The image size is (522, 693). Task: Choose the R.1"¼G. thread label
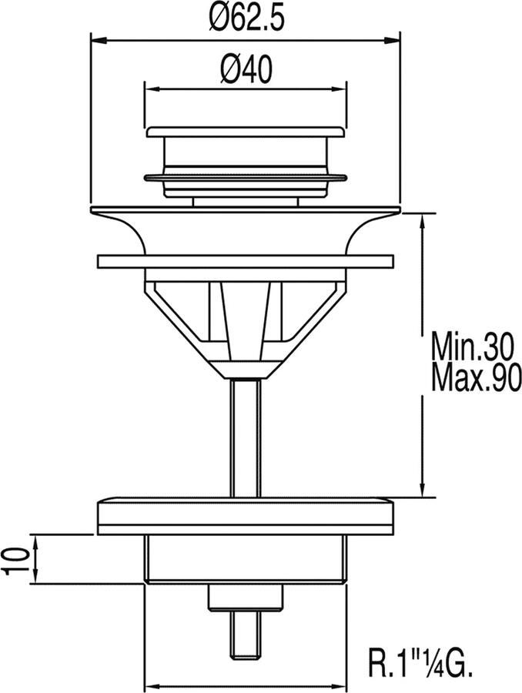pyautogui.click(x=418, y=661)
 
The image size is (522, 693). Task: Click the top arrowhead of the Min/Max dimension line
pyautogui.click(x=422, y=221)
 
